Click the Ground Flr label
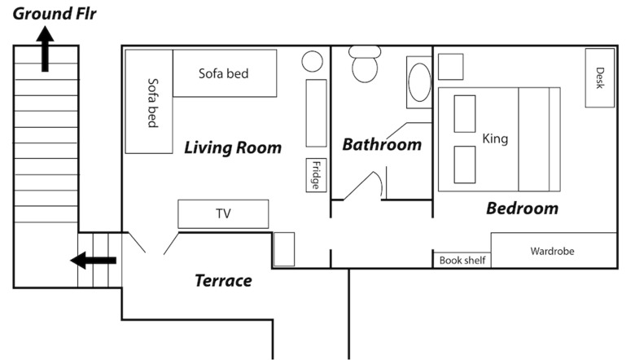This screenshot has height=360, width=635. point(55,13)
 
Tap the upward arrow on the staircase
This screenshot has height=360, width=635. point(45,49)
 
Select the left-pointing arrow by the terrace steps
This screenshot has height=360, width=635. point(93,260)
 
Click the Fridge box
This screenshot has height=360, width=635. point(317,175)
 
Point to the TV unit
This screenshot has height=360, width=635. point(223,214)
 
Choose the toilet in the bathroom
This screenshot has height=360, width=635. point(365,64)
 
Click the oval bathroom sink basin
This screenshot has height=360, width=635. point(419,82)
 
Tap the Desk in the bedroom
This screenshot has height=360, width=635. point(600,77)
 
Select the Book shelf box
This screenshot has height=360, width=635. point(462,260)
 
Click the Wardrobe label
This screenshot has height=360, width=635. point(553,251)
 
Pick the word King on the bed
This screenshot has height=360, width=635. point(495,139)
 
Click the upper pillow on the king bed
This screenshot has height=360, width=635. point(465,114)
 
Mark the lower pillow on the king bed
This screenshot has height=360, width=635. point(465,165)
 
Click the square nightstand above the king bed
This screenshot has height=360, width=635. point(451,67)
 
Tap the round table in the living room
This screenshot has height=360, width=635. point(313,62)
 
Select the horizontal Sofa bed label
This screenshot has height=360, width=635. point(224,73)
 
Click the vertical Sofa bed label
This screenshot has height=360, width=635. point(152,103)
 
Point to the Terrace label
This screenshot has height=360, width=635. point(223,281)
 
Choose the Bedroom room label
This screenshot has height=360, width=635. point(523,209)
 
